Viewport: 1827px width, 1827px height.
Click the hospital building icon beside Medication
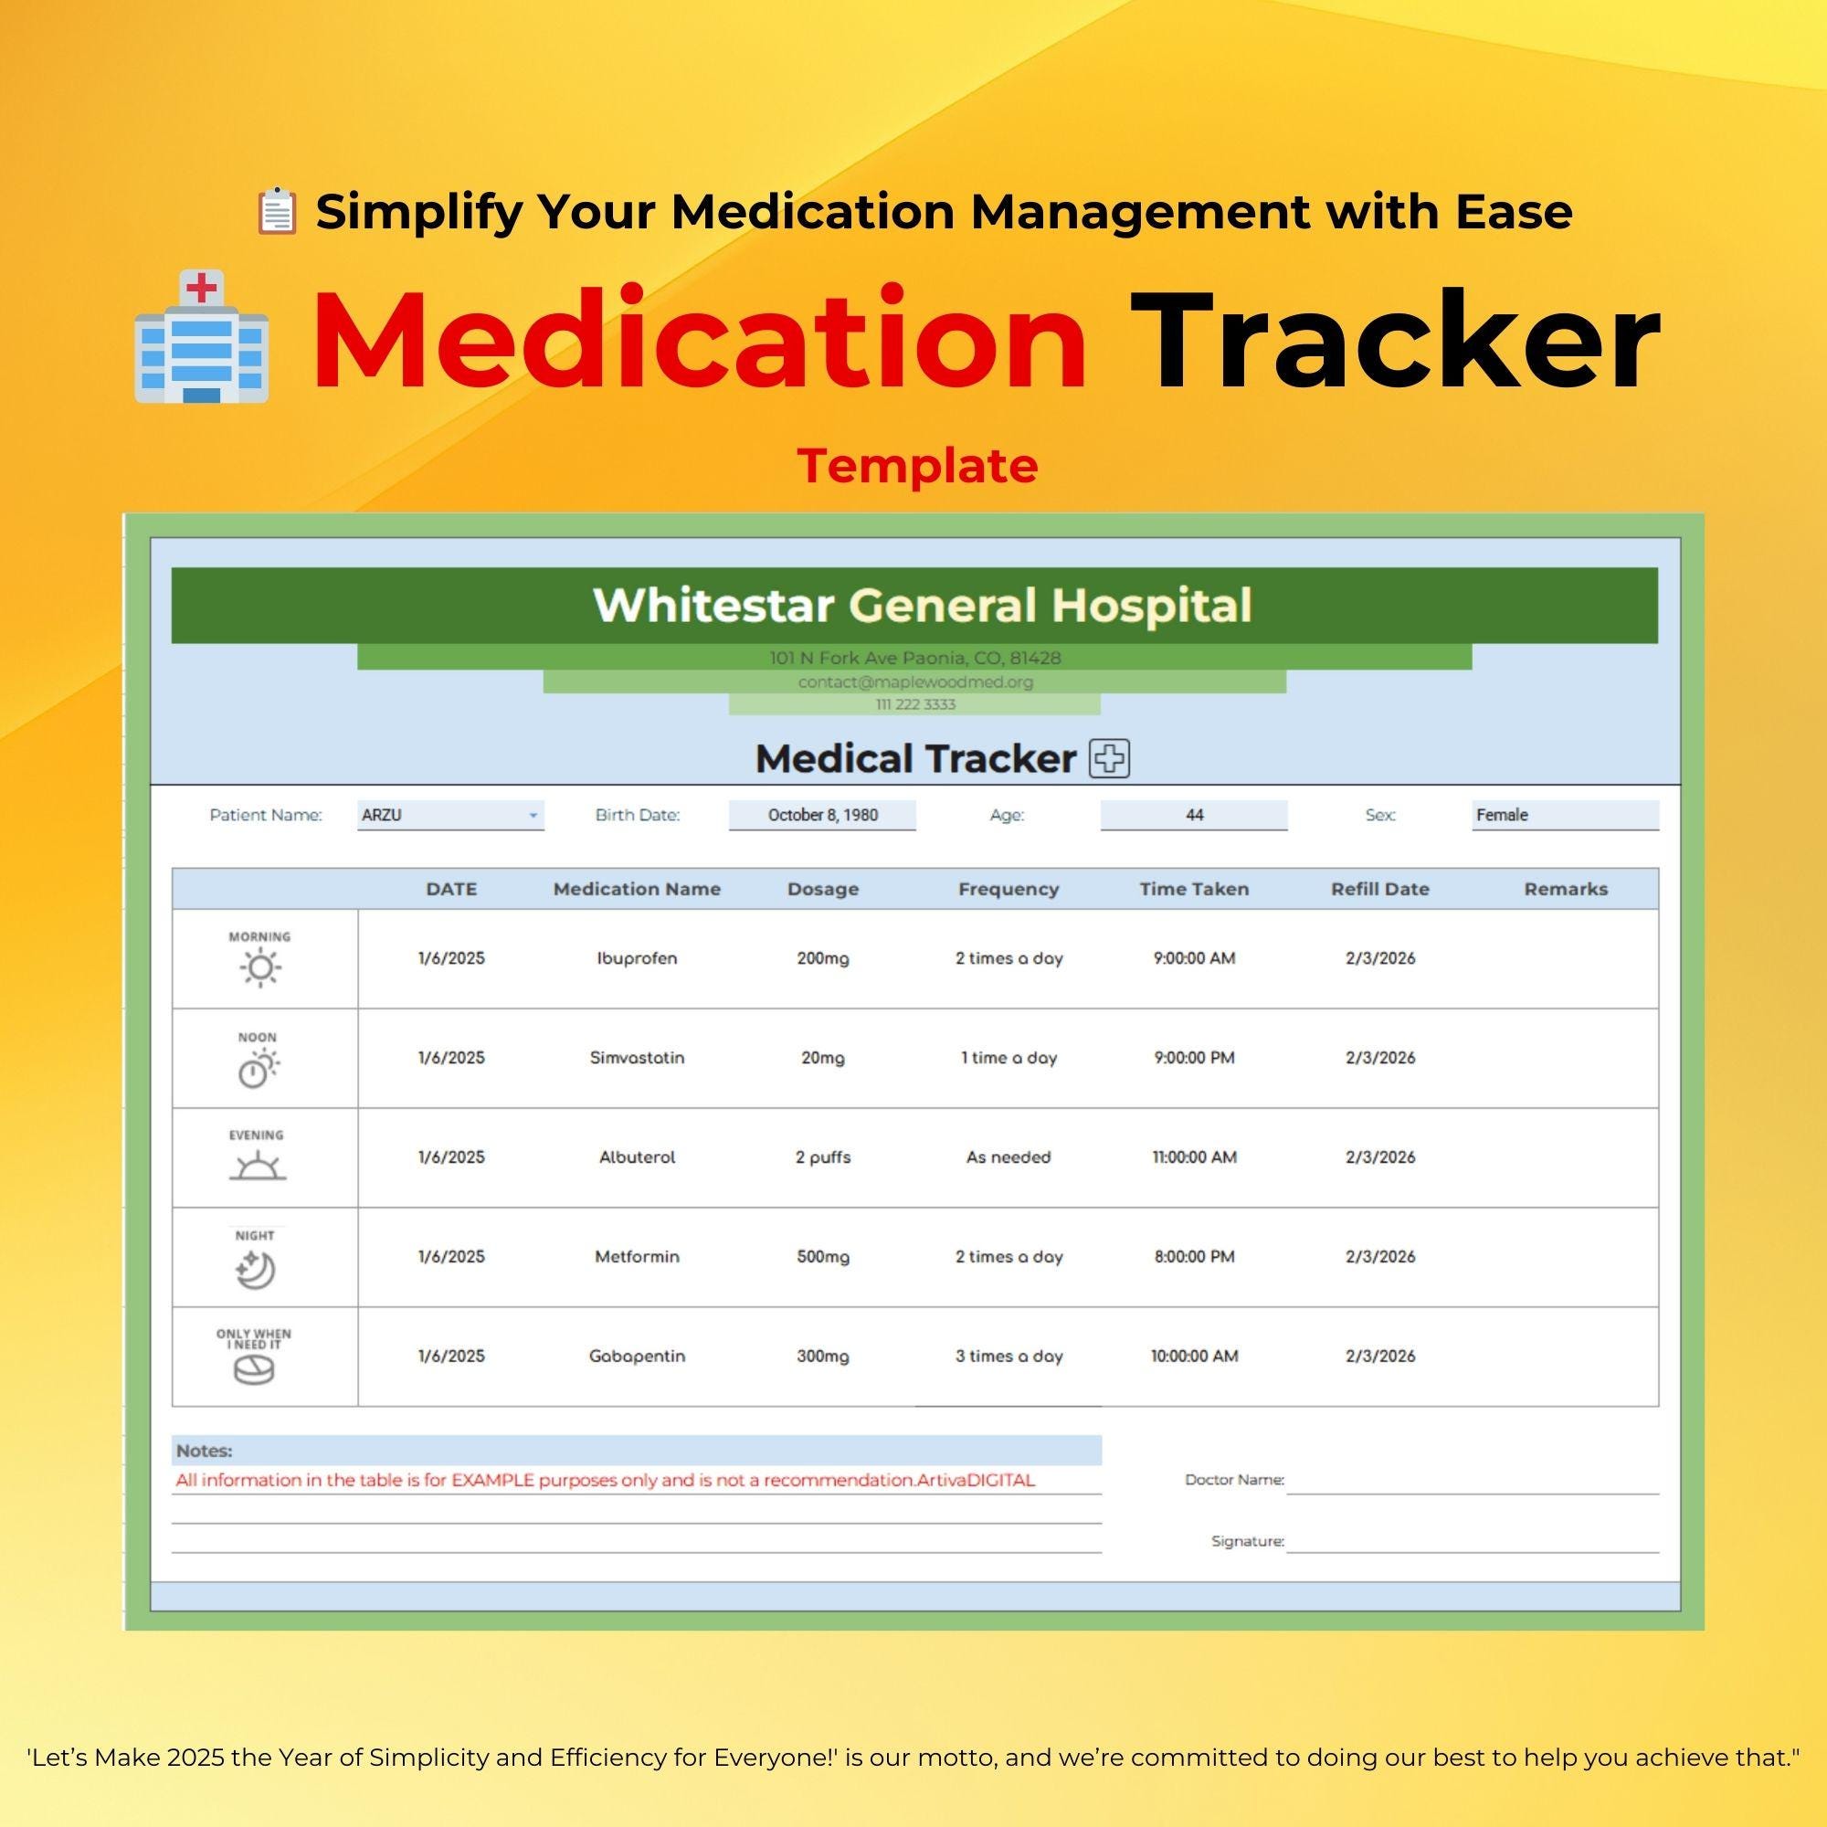pyautogui.click(x=201, y=338)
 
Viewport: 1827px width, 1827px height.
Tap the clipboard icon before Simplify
pyautogui.click(x=277, y=211)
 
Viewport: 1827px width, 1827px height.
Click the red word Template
pyautogui.click(x=917, y=465)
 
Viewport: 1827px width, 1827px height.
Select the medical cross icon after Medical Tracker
pyautogui.click(x=1109, y=758)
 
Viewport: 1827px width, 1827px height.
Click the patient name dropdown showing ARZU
pyautogui.click(x=451, y=815)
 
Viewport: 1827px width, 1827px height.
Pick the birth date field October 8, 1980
pyautogui.click(x=822, y=815)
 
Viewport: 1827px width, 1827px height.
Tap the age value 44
pyautogui.click(x=1193, y=815)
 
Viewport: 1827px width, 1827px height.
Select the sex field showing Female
pyautogui.click(x=1564, y=815)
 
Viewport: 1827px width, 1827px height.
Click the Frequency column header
pyautogui.click(x=1009, y=889)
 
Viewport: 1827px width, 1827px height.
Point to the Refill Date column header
pyautogui.click(x=1379, y=889)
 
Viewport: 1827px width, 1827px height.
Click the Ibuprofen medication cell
pyautogui.click(x=637, y=958)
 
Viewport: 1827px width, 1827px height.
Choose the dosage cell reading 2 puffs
pyautogui.click(x=823, y=1156)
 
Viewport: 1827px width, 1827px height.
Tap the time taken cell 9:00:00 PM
pyautogui.click(x=1193, y=1057)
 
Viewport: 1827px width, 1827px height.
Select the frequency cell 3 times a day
pyautogui.click(x=1009, y=1356)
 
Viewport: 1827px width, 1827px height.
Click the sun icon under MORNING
pyautogui.click(x=260, y=968)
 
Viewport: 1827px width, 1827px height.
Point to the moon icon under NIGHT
pyautogui.click(x=256, y=1270)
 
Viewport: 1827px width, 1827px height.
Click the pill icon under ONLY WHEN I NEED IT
pyautogui.click(x=253, y=1370)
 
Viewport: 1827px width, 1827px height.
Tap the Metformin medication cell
pyautogui.click(x=637, y=1257)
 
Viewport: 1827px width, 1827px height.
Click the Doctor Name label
pyautogui.click(x=1234, y=1480)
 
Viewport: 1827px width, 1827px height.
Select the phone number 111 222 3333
pyautogui.click(x=914, y=704)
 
